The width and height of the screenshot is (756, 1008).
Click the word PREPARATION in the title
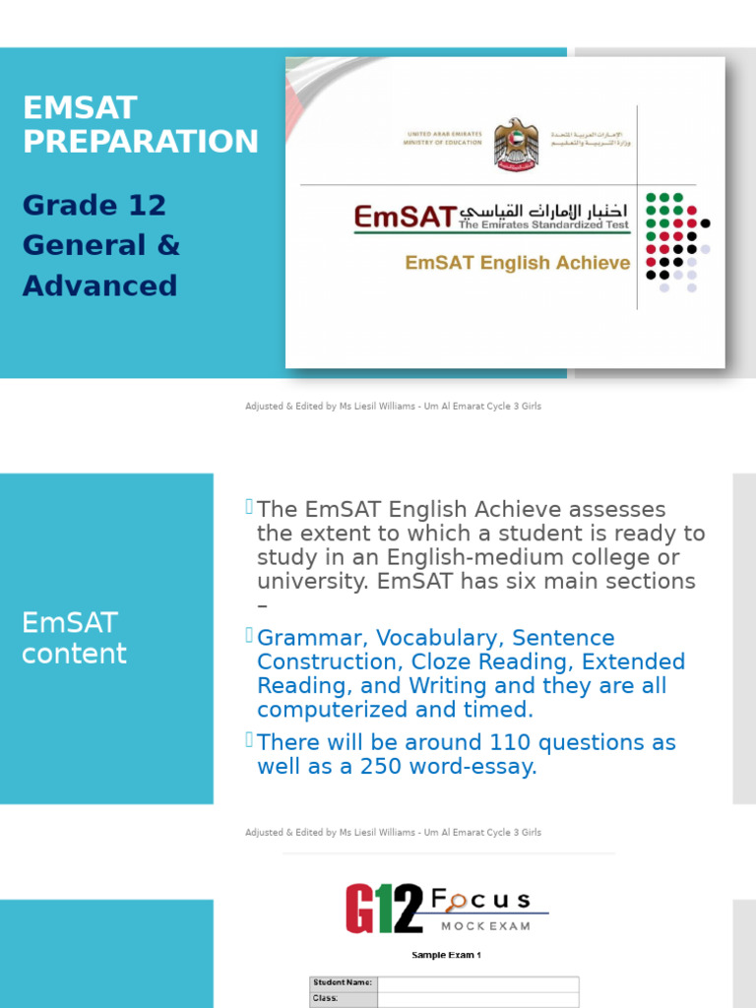(140, 142)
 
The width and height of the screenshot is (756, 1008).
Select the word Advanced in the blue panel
(99, 286)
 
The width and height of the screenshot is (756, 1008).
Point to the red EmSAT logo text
(406, 217)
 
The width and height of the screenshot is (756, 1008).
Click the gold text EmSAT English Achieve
(518, 263)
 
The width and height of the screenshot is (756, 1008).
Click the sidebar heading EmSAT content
(74, 638)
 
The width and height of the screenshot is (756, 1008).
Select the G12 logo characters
(384, 909)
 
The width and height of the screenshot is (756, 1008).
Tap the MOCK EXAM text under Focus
(485, 926)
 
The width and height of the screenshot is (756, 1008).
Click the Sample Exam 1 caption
(446, 955)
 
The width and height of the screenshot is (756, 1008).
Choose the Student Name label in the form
(343, 982)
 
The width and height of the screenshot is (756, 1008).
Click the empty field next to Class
(478, 999)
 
